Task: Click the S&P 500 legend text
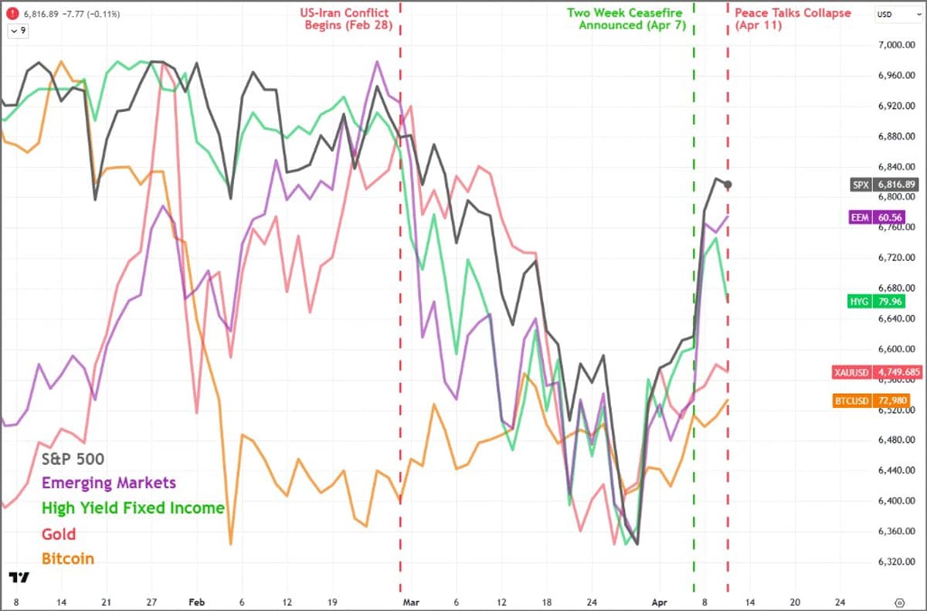73,458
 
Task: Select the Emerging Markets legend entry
109,484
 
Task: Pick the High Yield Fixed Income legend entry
133,508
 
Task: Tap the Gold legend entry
59,534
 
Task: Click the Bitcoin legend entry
68,558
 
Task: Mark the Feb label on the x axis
197,601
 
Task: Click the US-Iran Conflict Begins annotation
345,19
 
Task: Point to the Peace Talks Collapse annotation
793,19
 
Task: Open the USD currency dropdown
895,14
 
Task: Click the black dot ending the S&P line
728,184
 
